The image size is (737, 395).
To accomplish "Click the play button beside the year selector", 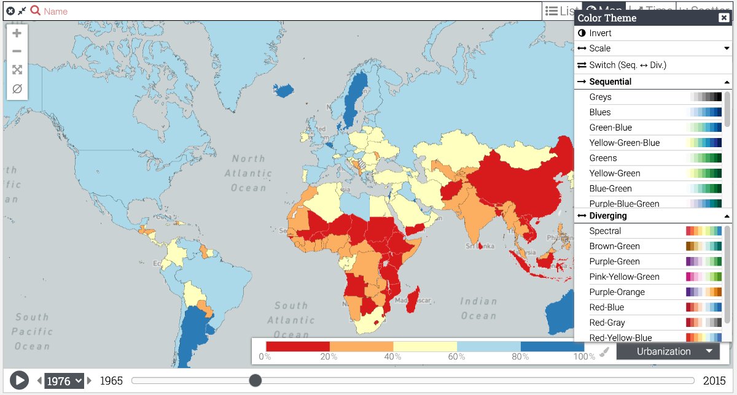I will tap(20, 380).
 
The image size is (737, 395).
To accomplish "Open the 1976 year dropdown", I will tap(64, 381).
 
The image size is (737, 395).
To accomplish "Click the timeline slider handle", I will tap(255, 381).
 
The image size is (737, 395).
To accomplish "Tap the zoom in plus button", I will tap(17, 33).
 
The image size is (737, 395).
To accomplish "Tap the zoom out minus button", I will tap(17, 52).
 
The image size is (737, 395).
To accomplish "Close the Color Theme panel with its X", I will tap(723, 18).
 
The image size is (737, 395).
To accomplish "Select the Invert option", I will tap(600, 33).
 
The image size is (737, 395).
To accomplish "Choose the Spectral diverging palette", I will tap(605, 231).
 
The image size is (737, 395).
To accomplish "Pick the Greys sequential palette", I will tap(600, 97).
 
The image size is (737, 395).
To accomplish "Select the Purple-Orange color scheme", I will tap(617, 292).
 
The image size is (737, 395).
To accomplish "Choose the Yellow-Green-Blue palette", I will tap(624, 143).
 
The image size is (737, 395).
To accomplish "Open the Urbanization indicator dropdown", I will tap(668, 351).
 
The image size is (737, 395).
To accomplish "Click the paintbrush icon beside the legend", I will tap(604, 352).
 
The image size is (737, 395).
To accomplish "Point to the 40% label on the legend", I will tap(393, 357).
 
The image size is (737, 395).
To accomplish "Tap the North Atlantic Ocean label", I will tap(248, 173).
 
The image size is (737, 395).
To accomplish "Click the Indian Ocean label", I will tap(478, 309).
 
